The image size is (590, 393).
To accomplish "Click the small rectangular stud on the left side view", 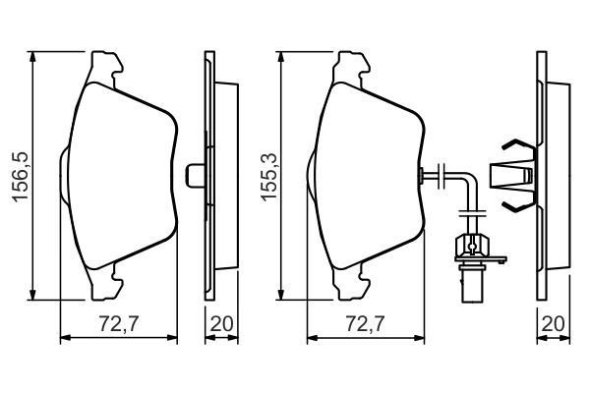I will [x=194, y=174].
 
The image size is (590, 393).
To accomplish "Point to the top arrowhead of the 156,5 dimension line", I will [x=34, y=55].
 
